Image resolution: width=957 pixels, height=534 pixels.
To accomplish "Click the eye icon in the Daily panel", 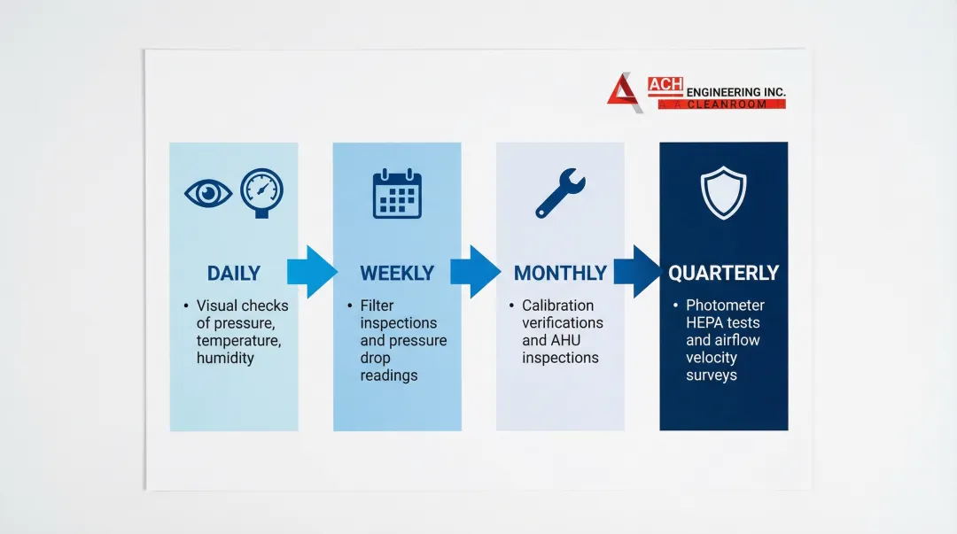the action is point(208,193).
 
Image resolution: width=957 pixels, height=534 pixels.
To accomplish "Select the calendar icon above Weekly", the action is point(397,193).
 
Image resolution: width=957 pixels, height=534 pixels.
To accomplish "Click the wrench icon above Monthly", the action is point(560,193).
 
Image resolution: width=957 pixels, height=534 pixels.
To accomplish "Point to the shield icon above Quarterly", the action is point(723,193).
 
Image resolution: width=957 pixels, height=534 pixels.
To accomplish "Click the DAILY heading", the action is point(234,274).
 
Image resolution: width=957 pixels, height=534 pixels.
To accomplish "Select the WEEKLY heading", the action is point(397,274).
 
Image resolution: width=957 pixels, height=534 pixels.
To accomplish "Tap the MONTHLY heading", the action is point(560,274).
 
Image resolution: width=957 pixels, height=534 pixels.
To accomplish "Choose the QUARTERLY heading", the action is point(723,274).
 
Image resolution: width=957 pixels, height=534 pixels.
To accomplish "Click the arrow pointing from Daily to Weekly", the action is point(312,272).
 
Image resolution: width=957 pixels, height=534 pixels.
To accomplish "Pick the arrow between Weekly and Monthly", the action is point(476,272).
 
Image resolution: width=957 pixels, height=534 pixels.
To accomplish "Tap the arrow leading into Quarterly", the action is point(638,272).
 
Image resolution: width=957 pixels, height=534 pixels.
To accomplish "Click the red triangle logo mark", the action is point(623,91).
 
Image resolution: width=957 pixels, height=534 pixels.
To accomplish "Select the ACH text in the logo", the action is point(665,85).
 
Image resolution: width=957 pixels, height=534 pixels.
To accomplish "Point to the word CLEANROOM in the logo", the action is point(727,104).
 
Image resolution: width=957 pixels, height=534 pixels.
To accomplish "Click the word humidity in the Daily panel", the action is point(225,359).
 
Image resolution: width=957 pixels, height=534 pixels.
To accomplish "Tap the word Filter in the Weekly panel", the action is point(377,306).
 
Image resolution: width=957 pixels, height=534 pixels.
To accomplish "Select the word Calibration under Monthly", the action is point(558,306).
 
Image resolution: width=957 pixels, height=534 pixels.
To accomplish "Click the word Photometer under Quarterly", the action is point(725,306).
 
